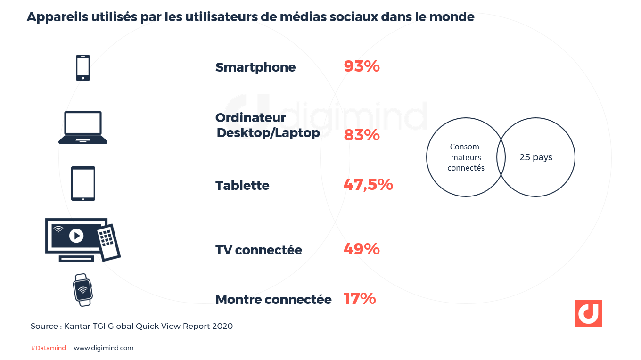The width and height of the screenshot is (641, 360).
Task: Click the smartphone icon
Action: click(83, 68)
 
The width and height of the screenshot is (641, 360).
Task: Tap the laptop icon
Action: click(83, 127)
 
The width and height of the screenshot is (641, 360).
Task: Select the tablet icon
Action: click(83, 183)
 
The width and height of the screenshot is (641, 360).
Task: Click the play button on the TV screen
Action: click(76, 235)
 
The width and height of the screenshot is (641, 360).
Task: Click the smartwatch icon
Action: click(83, 290)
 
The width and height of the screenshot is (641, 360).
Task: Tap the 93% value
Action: click(362, 66)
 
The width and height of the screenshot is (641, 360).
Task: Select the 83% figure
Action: click(362, 135)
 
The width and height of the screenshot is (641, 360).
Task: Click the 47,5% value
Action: click(368, 185)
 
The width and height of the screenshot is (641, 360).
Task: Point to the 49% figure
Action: click(362, 249)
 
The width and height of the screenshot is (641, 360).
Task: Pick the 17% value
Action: click(360, 298)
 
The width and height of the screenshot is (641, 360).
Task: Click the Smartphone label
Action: click(255, 67)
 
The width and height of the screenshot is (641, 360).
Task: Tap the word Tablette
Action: click(242, 186)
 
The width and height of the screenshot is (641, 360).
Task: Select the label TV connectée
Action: click(258, 250)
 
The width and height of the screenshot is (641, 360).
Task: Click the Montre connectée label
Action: click(273, 299)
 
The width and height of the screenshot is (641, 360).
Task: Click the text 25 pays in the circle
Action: click(536, 157)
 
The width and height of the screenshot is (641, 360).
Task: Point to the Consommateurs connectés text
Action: click(466, 157)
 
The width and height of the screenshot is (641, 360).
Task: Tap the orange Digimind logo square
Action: click(588, 313)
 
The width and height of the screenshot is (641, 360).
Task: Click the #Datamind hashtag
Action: click(49, 348)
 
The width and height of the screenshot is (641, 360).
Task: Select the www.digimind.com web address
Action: click(104, 348)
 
